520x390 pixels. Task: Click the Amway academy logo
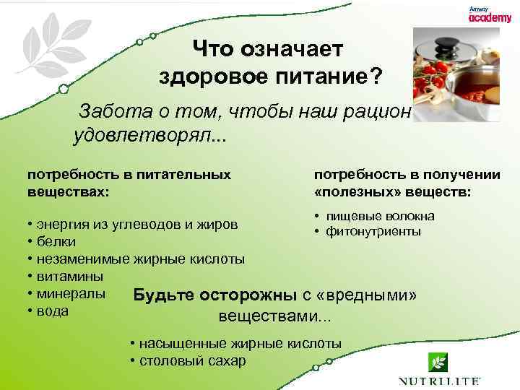490,16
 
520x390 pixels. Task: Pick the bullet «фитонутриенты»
373,231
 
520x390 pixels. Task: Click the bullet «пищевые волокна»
380,216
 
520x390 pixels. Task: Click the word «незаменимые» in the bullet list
76,259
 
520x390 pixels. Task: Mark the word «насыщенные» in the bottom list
177,343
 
